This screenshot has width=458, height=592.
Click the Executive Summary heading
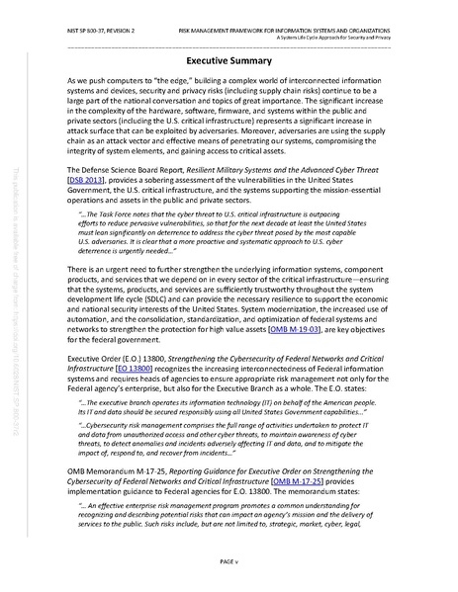[229, 59]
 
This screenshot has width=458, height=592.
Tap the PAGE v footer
[229, 561]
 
